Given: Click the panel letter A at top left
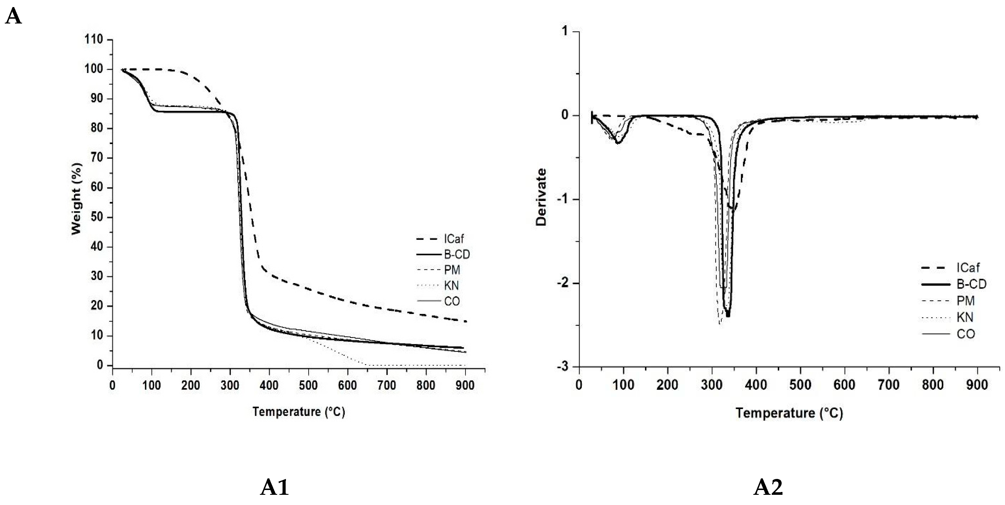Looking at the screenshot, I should pyautogui.click(x=13, y=17).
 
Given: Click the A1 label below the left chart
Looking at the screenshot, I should pyautogui.click(x=274, y=487).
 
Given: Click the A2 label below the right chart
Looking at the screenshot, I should pyautogui.click(x=768, y=487).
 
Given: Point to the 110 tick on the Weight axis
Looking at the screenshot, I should pyautogui.click(x=94, y=39).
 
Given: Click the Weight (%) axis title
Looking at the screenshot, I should pyautogui.click(x=76, y=199).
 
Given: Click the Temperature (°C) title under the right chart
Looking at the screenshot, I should pyautogui.click(x=789, y=413).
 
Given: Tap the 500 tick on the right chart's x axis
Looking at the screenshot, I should pyautogui.click(x=800, y=385).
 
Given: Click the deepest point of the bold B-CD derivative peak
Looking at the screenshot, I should pyautogui.click(x=728, y=315).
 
